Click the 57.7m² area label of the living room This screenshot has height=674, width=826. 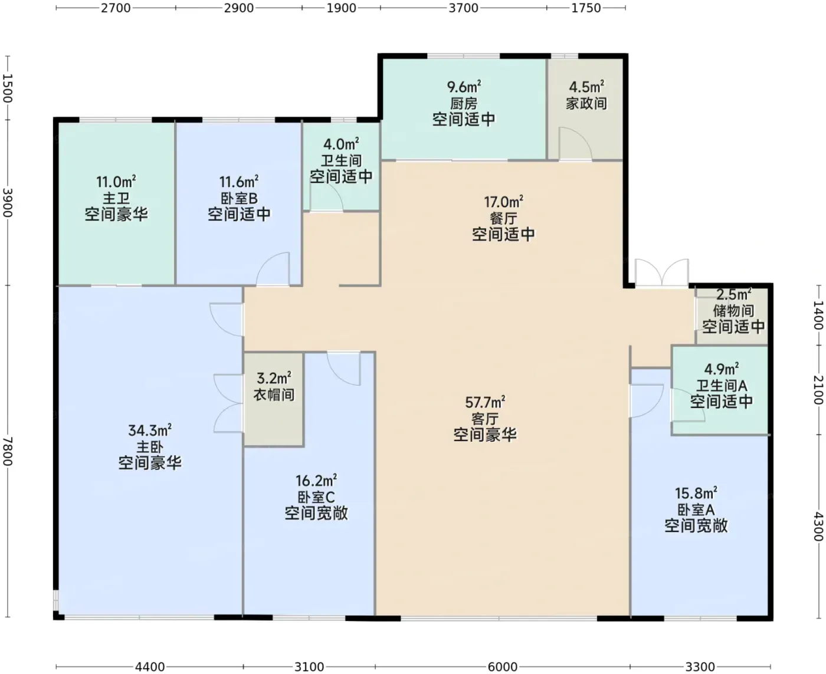click(x=485, y=402)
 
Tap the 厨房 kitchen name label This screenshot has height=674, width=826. click(x=464, y=104)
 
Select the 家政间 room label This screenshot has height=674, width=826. click(x=586, y=103)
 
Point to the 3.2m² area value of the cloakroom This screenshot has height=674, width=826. click(x=274, y=378)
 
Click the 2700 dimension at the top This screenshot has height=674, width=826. click(x=116, y=8)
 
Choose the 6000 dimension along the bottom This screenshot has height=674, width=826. click(x=503, y=666)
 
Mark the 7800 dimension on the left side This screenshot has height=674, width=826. click(x=8, y=451)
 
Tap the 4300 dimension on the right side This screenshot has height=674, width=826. click(x=818, y=527)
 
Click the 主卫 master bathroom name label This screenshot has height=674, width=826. click(x=116, y=198)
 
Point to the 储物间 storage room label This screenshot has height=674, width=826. click(x=733, y=311)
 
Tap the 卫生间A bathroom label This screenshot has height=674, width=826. click(x=722, y=386)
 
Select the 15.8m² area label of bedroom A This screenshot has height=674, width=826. click(x=696, y=493)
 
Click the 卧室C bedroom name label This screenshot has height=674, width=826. click(x=316, y=497)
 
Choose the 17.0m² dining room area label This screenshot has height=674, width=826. click(x=503, y=202)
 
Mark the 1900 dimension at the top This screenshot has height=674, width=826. click(x=341, y=8)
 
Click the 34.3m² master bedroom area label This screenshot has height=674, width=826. click(x=150, y=430)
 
